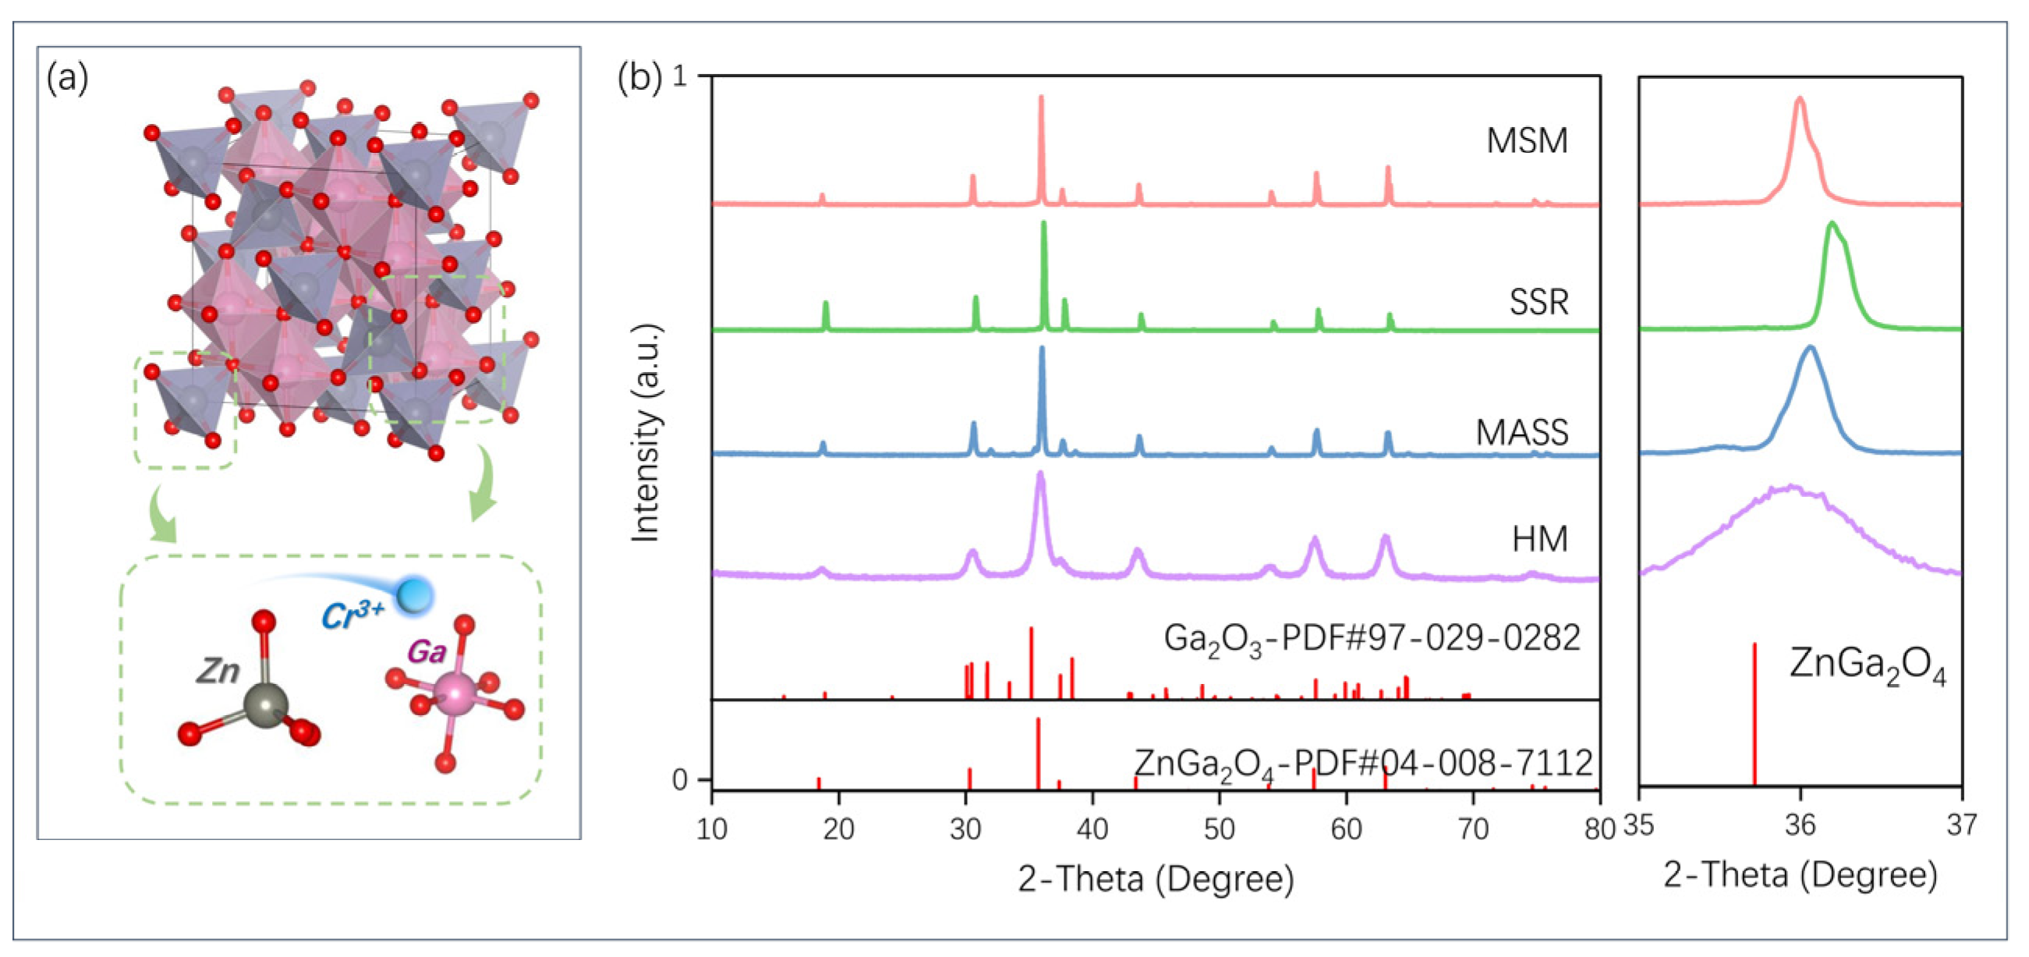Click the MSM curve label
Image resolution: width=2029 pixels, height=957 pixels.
[1527, 141]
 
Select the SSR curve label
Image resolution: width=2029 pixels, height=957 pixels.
[1539, 302]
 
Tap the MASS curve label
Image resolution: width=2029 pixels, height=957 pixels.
[1522, 432]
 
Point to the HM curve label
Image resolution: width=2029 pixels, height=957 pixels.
[1540, 540]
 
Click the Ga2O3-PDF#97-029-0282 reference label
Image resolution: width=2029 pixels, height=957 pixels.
[1372, 639]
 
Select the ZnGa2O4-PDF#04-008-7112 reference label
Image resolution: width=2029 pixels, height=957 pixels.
[1363, 764]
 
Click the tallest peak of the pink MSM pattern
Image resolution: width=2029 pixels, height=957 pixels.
[1041, 98]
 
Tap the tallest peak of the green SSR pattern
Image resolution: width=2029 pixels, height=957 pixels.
[1043, 225]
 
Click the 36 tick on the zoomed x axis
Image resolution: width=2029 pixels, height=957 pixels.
[1800, 825]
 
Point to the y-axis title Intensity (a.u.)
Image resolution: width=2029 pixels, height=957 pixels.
[646, 433]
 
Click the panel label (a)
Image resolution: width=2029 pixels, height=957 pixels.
[68, 78]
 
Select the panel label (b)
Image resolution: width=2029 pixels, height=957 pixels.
[639, 78]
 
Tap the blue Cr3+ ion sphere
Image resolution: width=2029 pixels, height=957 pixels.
[414, 594]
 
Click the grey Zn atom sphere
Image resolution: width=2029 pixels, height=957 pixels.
[264, 704]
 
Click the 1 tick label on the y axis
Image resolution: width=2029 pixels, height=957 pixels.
[681, 77]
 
